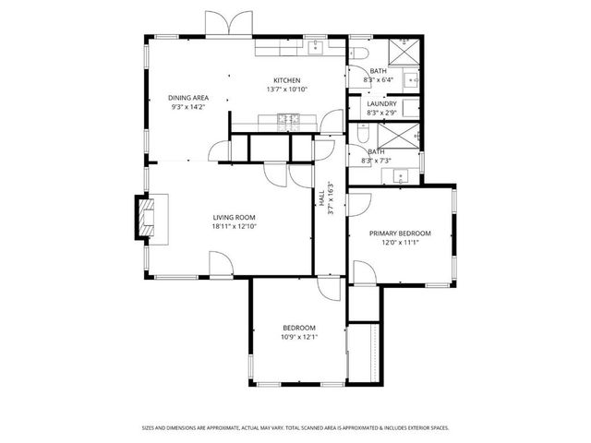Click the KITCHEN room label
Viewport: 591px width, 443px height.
(287, 80)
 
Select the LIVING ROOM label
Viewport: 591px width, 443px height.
(233, 218)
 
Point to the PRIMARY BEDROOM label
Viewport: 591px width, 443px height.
(400, 233)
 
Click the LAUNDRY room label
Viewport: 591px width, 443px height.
(381, 103)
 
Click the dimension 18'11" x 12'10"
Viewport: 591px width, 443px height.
(233, 227)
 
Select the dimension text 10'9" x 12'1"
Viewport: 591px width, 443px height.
(298, 337)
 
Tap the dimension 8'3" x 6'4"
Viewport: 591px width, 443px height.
(380, 80)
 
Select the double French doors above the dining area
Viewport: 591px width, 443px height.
(226, 24)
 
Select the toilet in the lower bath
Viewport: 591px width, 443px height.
(358, 134)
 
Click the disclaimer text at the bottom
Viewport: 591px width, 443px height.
(295, 428)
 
